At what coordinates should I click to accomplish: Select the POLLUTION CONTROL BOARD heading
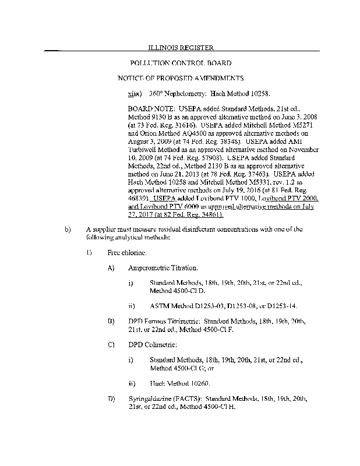(x=180, y=63)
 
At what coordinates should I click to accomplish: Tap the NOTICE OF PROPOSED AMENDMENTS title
(x=180, y=78)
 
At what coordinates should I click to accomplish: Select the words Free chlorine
(x=126, y=252)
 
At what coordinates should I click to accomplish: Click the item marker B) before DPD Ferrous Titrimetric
(x=111, y=321)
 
